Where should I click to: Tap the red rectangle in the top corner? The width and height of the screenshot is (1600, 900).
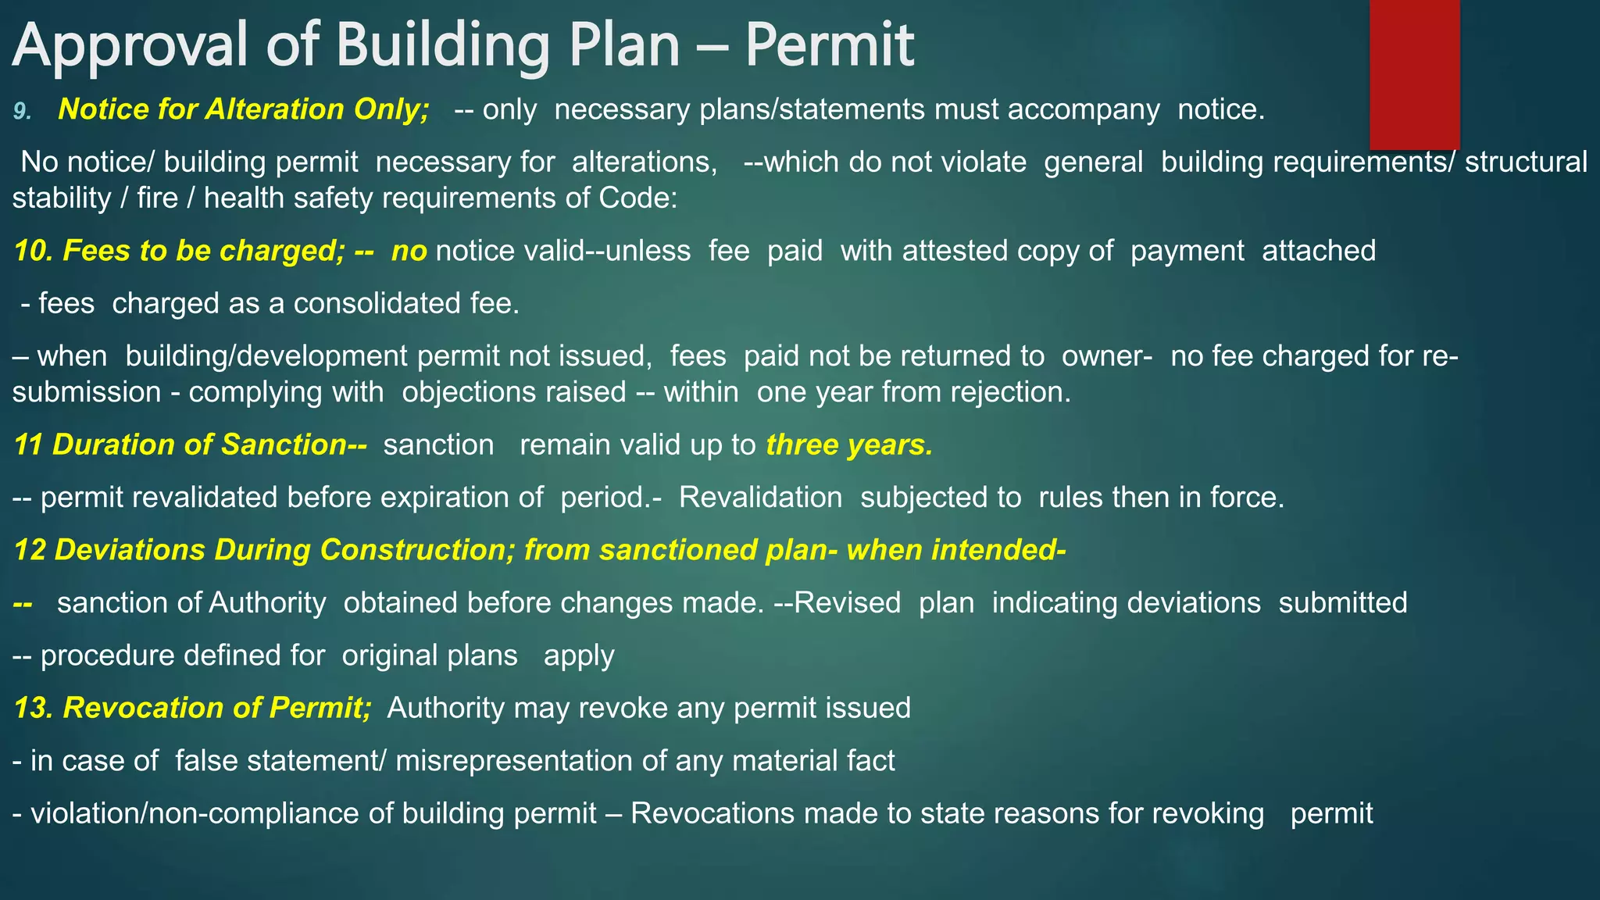pyautogui.click(x=1414, y=74)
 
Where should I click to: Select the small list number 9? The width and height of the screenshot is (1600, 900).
pyautogui.click(x=22, y=112)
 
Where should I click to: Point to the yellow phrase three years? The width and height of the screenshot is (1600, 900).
pyautogui.click(x=849, y=445)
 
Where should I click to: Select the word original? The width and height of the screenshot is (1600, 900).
pyautogui.click(x=429, y=655)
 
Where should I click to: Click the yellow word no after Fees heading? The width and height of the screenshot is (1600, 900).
pyautogui.click(x=409, y=251)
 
